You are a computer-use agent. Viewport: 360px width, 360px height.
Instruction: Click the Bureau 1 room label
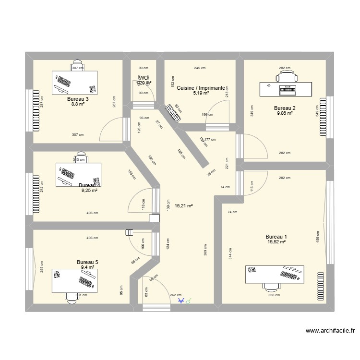pyautogui.click(x=276, y=237)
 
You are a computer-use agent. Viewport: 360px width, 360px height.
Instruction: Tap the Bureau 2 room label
pyautogui.click(x=285, y=108)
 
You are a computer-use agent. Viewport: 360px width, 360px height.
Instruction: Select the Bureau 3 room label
pyautogui.click(x=77, y=99)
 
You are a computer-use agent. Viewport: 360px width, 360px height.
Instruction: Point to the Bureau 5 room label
pyautogui.click(x=87, y=262)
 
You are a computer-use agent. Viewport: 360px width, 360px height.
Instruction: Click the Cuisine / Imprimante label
pyautogui.click(x=201, y=88)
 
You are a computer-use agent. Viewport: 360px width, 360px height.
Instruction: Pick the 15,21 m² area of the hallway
pyautogui.click(x=183, y=206)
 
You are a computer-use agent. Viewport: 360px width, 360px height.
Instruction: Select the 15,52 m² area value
pyautogui.click(x=276, y=242)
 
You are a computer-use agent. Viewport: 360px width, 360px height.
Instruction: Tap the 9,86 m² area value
pyautogui.click(x=285, y=114)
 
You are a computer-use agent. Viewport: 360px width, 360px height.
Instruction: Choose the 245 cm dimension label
pyautogui.click(x=200, y=68)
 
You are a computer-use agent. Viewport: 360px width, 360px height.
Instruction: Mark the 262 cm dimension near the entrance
pyautogui.click(x=176, y=295)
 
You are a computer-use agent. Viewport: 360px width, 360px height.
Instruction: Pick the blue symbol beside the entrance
pyautogui.click(x=181, y=301)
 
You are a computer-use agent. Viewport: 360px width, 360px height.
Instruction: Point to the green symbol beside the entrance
pyautogui.click(x=189, y=301)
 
